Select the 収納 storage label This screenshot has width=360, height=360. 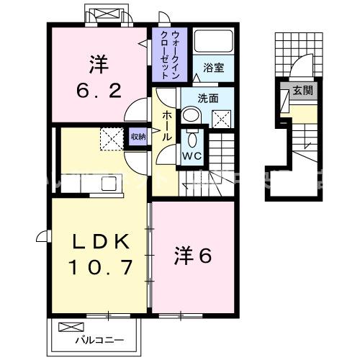tap(138, 136)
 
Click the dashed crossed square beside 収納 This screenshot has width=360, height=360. tap(111, 137)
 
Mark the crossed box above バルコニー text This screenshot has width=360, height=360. tap(68, 326)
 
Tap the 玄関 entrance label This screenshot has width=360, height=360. tap(302, 91)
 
